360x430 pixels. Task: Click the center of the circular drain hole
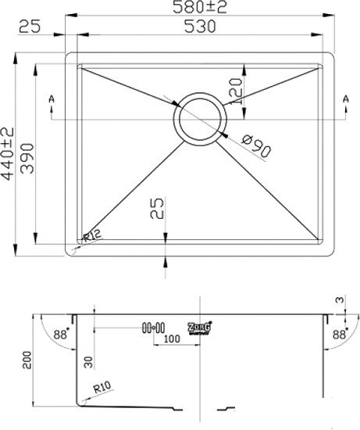click(201, 119)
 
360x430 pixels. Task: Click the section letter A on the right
click(344, 99)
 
